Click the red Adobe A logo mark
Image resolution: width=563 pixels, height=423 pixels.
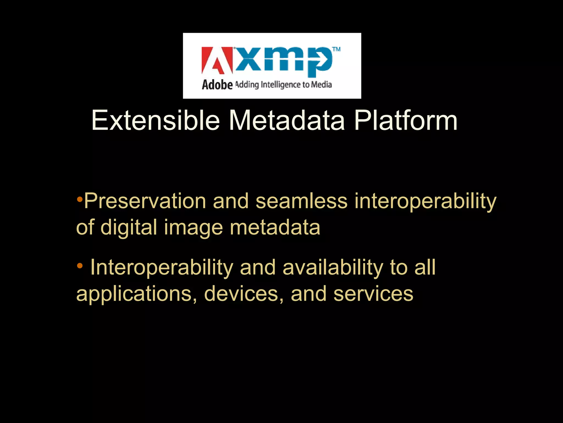217,61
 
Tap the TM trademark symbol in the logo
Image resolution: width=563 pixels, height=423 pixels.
336,50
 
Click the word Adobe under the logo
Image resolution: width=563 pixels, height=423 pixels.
217,85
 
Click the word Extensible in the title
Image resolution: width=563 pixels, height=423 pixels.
155,121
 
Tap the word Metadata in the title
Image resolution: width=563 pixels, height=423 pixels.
287,121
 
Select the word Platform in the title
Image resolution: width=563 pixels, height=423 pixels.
406,121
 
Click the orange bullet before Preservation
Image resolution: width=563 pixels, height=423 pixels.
79,199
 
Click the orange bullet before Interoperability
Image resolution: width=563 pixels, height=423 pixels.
79,265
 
